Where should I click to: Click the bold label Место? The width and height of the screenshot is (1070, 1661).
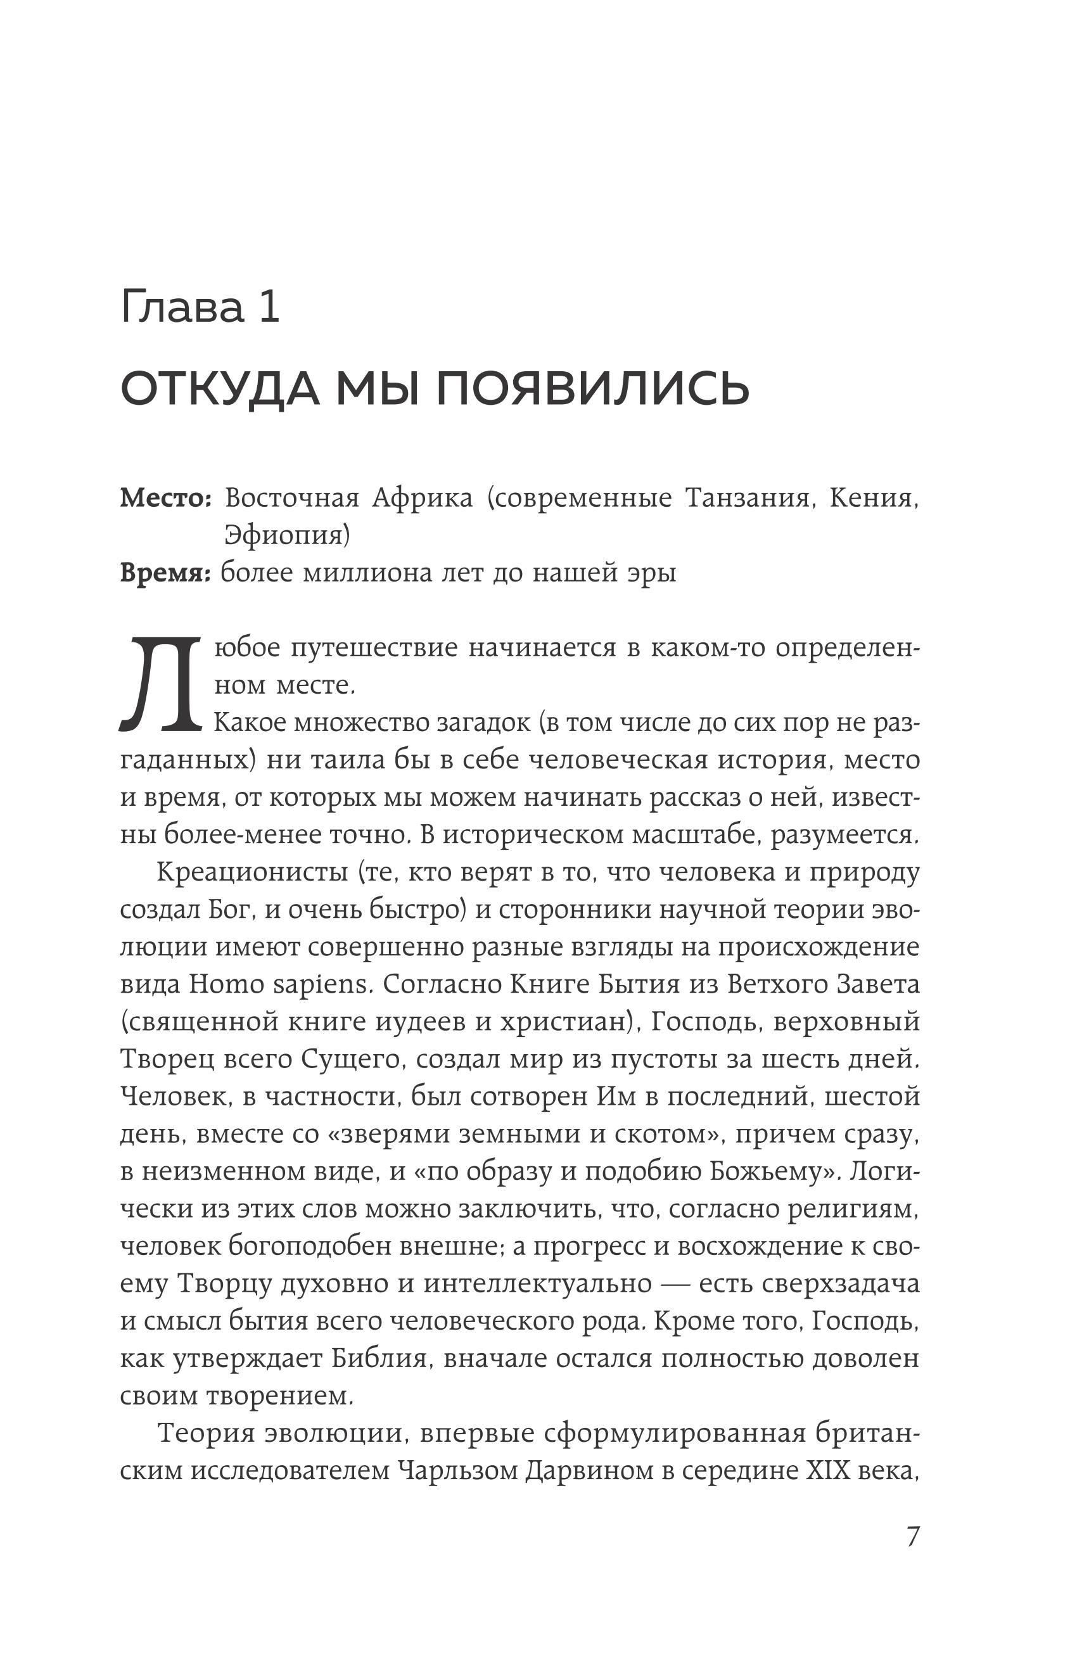(x=165, y=498)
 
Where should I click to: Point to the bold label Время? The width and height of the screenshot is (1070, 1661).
(x=165, y=573)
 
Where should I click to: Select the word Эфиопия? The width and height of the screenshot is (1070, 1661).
(x=287, y=535)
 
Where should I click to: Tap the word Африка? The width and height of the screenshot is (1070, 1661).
(x=423, y=498)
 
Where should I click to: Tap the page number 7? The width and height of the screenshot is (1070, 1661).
(x=913, y=1555)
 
